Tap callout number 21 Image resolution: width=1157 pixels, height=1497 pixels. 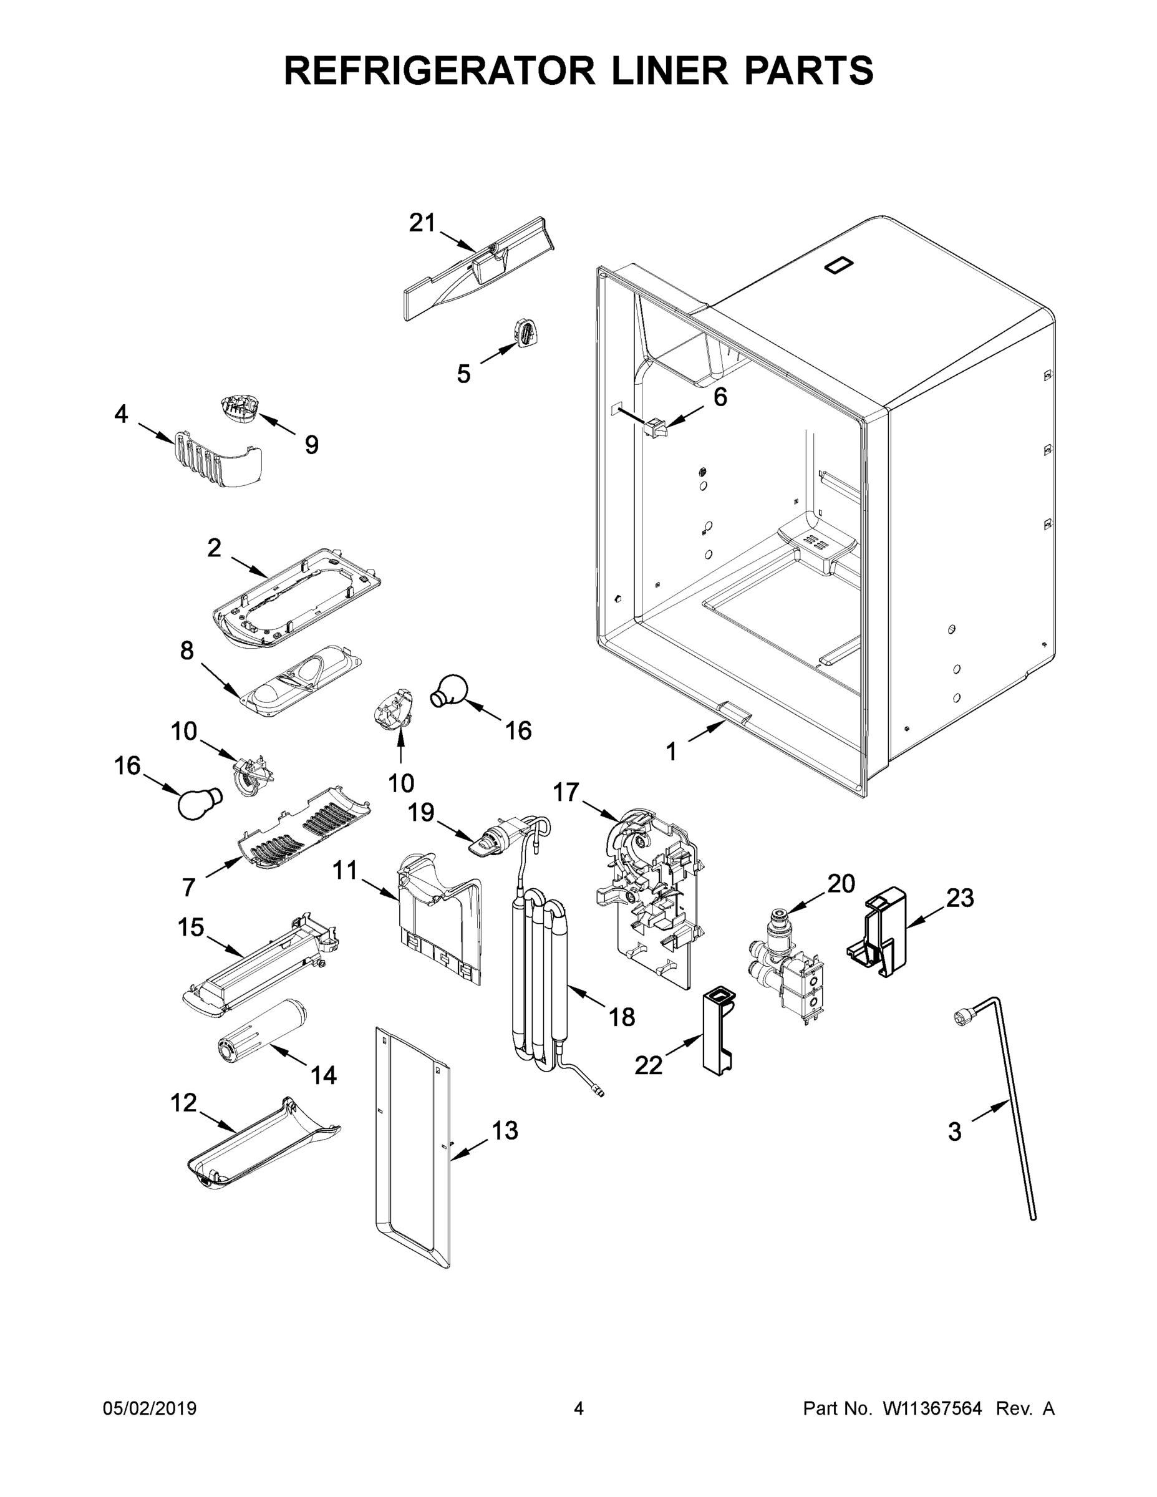tap(422, 223)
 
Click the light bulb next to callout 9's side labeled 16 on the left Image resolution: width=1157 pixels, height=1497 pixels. tap(200, 802)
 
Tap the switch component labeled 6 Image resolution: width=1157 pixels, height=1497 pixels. tap(654, 429)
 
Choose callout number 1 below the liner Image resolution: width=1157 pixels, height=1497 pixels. tap(672, 752)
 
